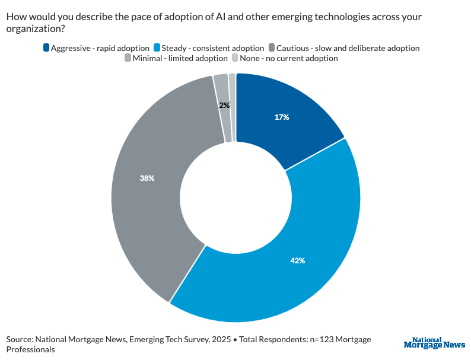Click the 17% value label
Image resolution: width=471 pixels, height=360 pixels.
(282, 117)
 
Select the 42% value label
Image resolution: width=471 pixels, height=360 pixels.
(297, 260)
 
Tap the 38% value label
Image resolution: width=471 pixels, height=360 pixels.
(147, 178)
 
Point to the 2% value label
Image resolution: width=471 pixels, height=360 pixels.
(224, 105)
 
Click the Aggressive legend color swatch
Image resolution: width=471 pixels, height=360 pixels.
(47, 47)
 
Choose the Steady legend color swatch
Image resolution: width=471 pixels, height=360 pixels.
(157, 47)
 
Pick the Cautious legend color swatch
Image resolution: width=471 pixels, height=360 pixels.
(272, 47)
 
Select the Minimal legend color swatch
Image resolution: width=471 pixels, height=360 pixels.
(128, 58)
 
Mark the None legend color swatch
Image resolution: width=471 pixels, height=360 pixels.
(235, 58)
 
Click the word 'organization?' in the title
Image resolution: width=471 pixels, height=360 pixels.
(35, 28)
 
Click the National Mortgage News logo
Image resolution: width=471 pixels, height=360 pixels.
(434, 343)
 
